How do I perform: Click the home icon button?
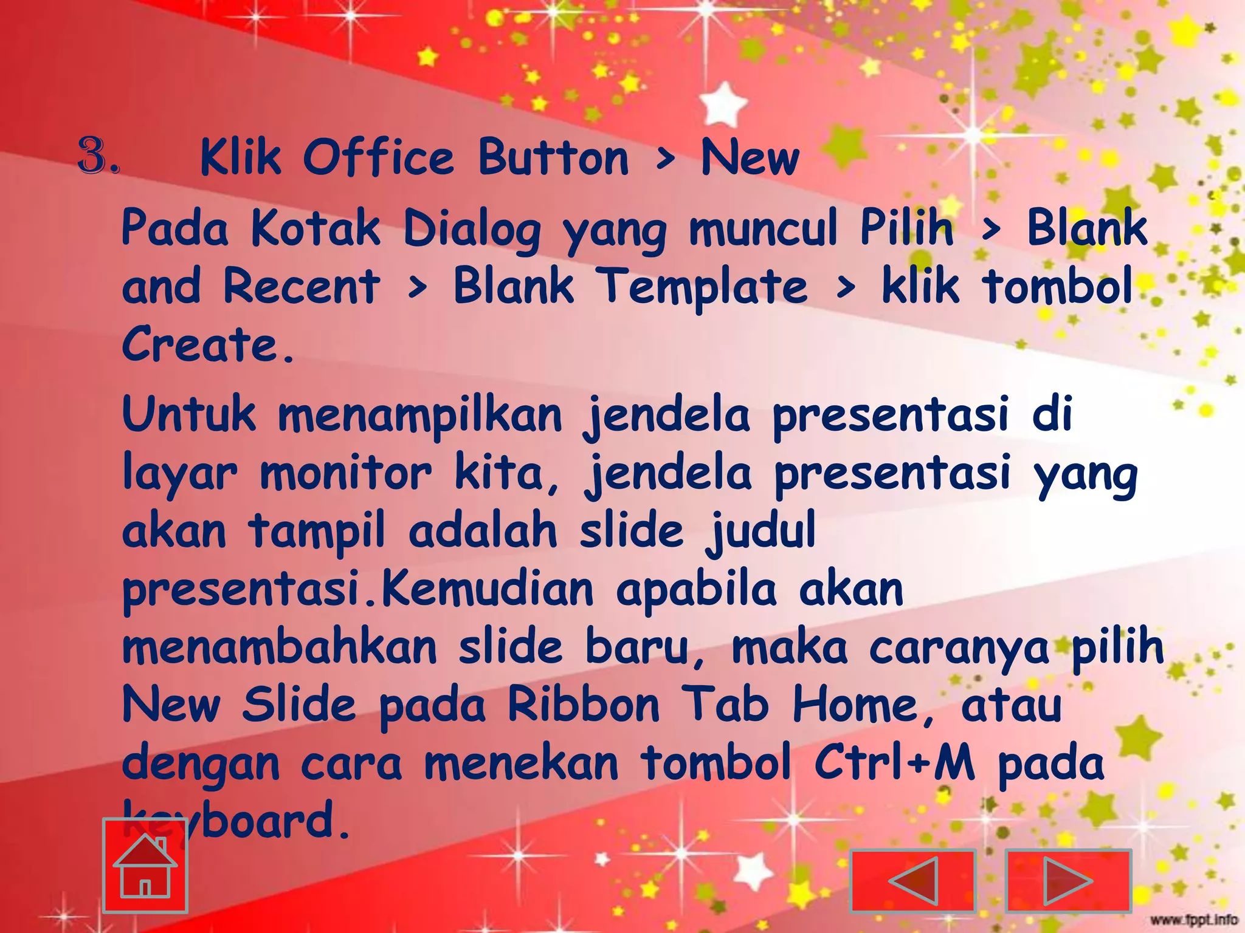pyautogui.click(x=145, y=865)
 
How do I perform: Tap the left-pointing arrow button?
pyautogui.click(x=912, y=881)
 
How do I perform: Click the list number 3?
pyautogui.click(x=98, y=157)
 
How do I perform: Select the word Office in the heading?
pyautogui.click(x=379, y=158)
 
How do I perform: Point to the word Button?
pyautogui.click(x=553, y=158)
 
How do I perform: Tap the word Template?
pyautogui.click(x=704, y=287)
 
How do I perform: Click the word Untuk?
pyautogui.click(x=189, y=415)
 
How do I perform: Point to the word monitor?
pyautogui.click(x=346, y=473)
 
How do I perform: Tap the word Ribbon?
pyautogui.click(x=584, y=705)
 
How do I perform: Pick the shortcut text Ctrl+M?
pyautogui.click(x=894, y=763)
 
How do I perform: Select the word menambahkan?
pyautogui.click(x=280, y=648)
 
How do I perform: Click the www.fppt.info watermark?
pyautogui.click(x=1195, y=919)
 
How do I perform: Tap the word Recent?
pyautogui.click(x=302, y=287)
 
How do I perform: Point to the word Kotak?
pyautogui.click(x=316, y=228)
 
